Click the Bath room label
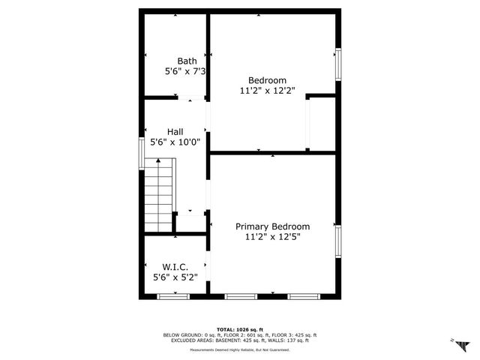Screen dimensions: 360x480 pos(187,61)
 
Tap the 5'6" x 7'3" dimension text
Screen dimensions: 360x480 pos(185,71)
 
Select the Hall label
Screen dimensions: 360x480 pos(175,131)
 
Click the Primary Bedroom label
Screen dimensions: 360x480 pos(272,226)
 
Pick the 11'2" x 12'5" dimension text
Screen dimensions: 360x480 pos(272,237)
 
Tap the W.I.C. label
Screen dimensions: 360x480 pos(175,267)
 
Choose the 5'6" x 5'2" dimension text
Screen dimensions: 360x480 pos(175,277)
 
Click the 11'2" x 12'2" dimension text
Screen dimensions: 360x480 pos(267,91)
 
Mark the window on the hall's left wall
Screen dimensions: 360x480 pos(142,153)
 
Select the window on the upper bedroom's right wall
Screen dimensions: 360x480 pos(338,65)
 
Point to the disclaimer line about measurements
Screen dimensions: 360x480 pos(239,349)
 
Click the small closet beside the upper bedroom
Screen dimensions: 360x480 pos(320,124)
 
